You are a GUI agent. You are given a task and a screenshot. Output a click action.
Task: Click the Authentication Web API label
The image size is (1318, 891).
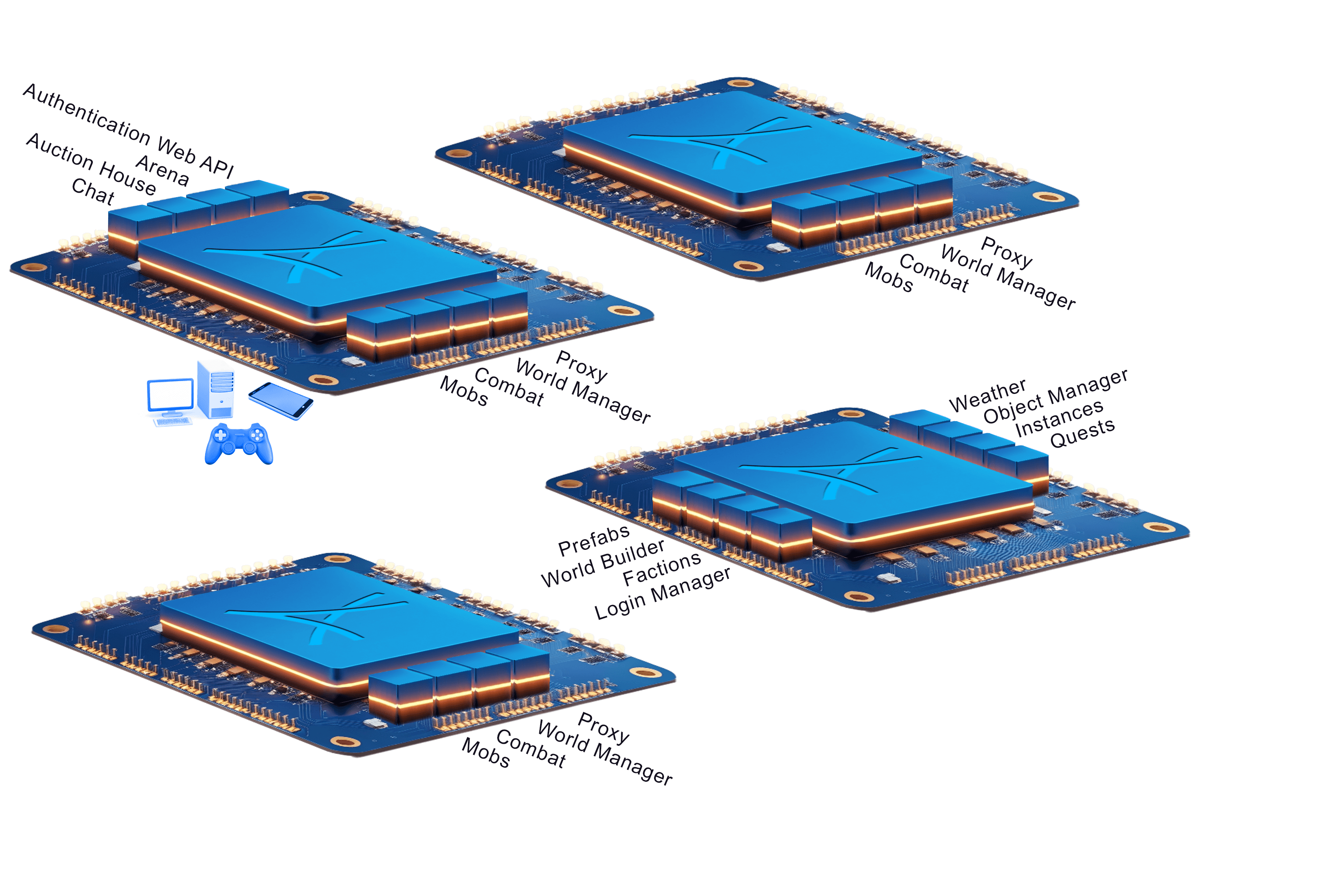click(x=129, y=130)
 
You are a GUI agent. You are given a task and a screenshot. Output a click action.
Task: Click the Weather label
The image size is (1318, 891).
click(x=987, y=395)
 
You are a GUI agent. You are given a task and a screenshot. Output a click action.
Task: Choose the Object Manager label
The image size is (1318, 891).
click(x=1056, y=396)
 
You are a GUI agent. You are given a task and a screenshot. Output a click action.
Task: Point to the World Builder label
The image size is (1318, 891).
click(x=603, y=563)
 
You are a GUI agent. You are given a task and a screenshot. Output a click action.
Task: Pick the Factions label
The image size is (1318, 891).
click(x=662, y=568)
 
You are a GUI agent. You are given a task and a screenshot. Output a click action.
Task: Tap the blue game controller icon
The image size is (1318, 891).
click(x=239, y=444)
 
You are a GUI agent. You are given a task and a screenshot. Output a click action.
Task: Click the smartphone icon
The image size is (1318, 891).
click(x=281, y=401)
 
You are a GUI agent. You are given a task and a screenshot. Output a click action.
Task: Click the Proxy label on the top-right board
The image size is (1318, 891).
click(x=1006, y=252)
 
